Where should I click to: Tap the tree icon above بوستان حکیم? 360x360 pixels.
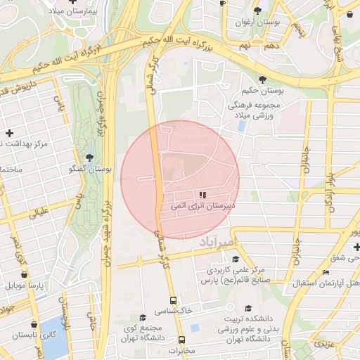(x=262, y=79)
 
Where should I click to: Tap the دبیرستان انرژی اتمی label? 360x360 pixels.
(x=202, y=208)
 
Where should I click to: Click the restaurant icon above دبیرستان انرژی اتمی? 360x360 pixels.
(x=202, y=195)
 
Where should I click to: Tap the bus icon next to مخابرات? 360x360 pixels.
(x=181, y=340)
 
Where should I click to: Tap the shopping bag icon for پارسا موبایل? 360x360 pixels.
(x=25, y=275)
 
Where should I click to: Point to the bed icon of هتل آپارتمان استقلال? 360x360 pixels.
(x=325, y=272)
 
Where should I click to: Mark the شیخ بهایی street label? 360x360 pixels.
(x=347, y=42)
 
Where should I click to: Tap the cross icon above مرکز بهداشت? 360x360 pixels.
(x=9, y=133)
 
